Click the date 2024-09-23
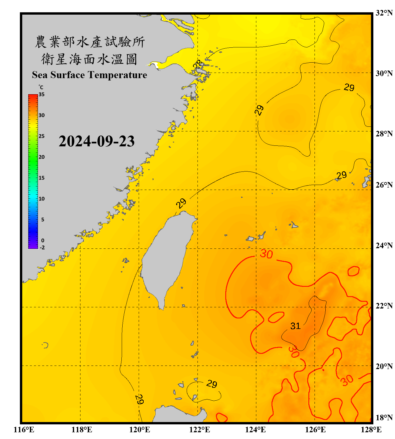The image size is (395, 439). coord(97,141)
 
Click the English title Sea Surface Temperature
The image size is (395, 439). coord(90,75)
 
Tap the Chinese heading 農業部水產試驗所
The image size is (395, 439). coord(90,42)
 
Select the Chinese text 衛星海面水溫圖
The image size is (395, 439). coord(90,59)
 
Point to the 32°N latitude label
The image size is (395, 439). coord(384,13)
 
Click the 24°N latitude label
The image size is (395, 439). coord(384,246)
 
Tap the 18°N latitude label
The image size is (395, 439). coord(384,417)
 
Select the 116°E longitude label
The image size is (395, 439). coord(24,430)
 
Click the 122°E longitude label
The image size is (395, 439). coord(200,430)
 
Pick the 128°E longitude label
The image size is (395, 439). coord(371,430)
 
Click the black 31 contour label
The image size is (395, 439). coord(296,326)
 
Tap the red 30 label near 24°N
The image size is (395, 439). coord(266,254)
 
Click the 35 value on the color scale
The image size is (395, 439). coord(42,94)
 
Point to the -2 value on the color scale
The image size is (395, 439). coord(42,247)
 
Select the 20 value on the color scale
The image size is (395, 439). coord(42,157)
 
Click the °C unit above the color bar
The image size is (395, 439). coord(41,87)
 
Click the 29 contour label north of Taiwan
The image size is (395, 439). coord(181,203)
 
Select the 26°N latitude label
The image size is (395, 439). coord(384,185)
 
